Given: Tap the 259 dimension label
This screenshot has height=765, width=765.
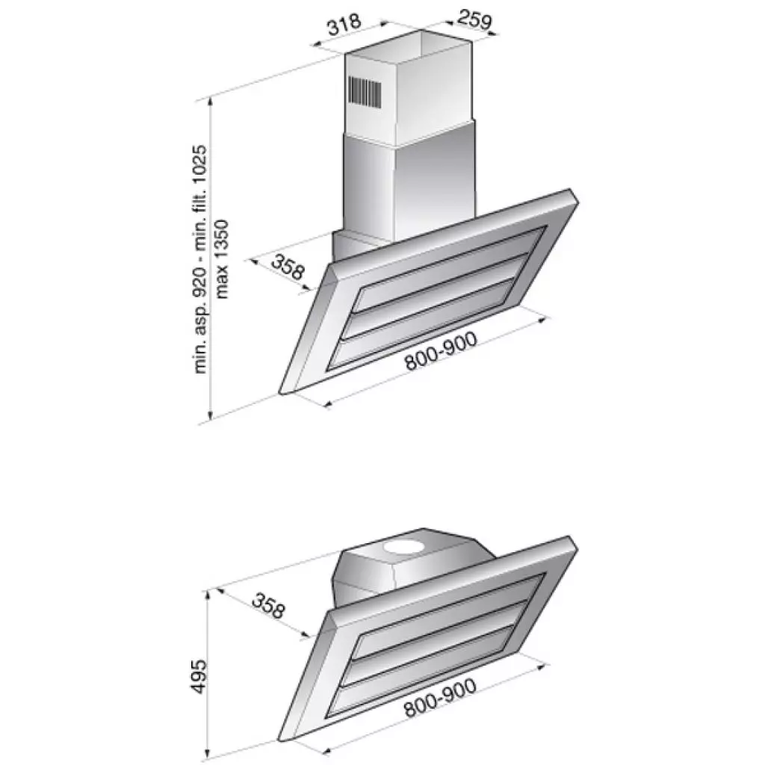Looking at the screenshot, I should tap(474, 20).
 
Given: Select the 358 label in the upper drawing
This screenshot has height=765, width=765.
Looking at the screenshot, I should tap(288, 267).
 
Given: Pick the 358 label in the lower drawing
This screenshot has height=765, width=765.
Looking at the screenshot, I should tap(267, 606).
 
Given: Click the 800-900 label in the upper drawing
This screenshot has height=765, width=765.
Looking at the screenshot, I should tap(442, 351).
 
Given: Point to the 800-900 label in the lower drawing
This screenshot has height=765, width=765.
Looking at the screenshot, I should tap(442, 699).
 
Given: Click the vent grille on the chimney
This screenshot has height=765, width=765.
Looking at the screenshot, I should tap(365, 92).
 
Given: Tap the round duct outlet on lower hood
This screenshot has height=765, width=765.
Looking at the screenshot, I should tap(404, 550).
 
